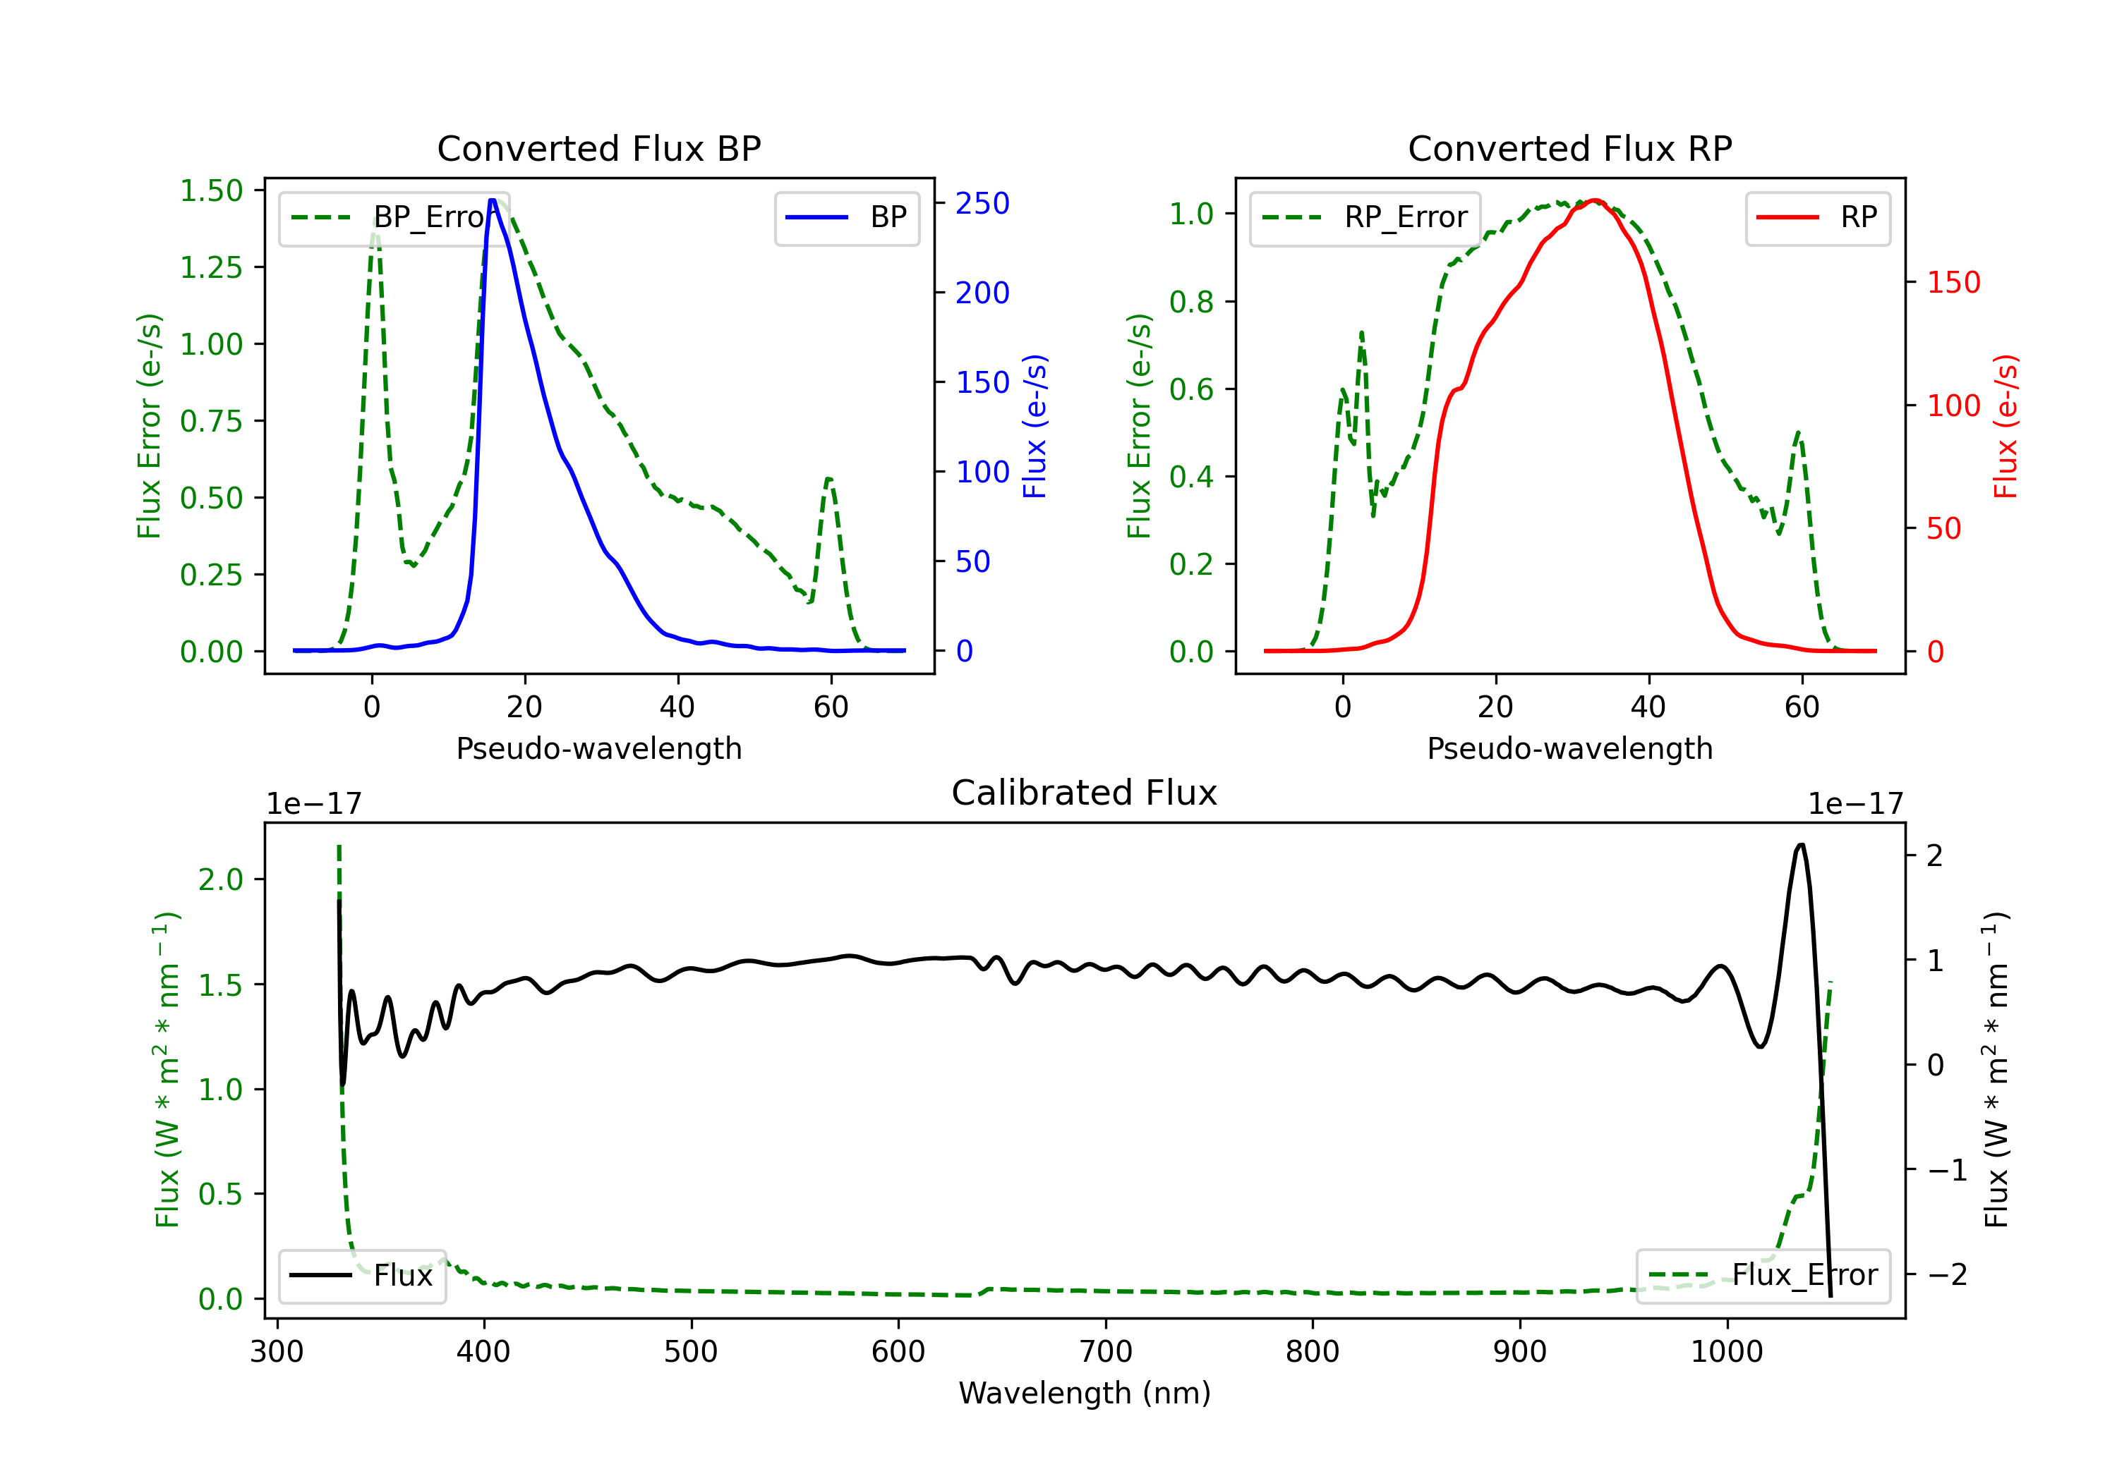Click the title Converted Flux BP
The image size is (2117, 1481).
pos(598,148)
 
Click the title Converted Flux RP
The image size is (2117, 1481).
pos(1569,148)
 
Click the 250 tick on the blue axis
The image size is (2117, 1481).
pos(982,204)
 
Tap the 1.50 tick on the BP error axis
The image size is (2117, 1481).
pos(211,191)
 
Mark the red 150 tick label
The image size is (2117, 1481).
pos(1953,282)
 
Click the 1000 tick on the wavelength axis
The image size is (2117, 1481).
pos(1726,1352)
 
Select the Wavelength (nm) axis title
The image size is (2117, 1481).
pos(1085,1393)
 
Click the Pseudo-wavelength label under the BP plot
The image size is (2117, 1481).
pos(598,748)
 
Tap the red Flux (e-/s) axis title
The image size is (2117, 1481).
pos(2006,426)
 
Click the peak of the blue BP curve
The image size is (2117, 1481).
pos(493,200)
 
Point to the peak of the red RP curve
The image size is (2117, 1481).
pos(1594,200)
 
